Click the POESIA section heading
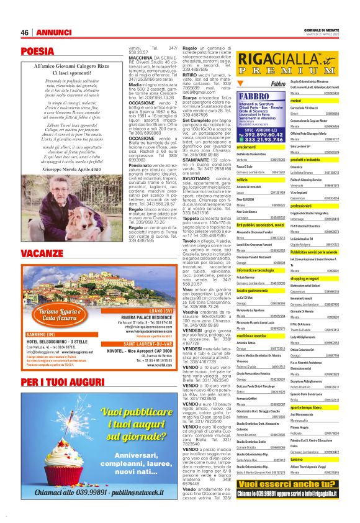coord(37,52)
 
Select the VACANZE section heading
coord(42,254)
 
